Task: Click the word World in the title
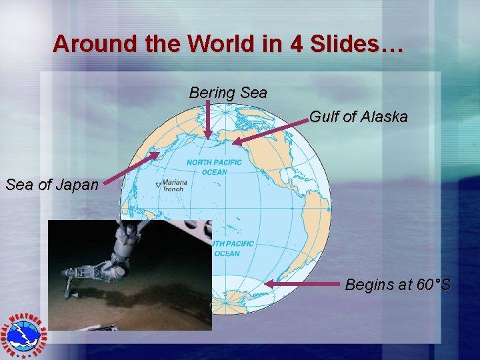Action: coord(219,44)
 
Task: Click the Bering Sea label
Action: coord(228,93)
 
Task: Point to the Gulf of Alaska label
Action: coord(358,117)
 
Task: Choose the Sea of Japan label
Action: coord(51,185)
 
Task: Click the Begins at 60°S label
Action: coord(397,285)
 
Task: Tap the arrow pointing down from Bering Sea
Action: coord(208,119)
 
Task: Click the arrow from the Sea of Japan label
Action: coord(130,168)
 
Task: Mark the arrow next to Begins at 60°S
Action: coord(303,284)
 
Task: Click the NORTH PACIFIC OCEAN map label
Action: coord(215,167)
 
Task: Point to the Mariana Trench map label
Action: coord(175,185)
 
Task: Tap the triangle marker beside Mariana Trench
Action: coord(158,185)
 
